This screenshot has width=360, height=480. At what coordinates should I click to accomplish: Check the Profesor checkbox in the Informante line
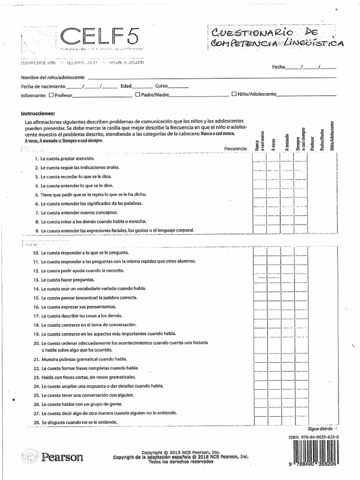51,95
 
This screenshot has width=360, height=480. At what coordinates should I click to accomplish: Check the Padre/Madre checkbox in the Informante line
138,94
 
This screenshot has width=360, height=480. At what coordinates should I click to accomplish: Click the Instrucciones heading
38,113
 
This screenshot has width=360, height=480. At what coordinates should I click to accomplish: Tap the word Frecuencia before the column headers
235,149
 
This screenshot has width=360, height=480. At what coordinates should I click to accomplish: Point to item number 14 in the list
36,289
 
